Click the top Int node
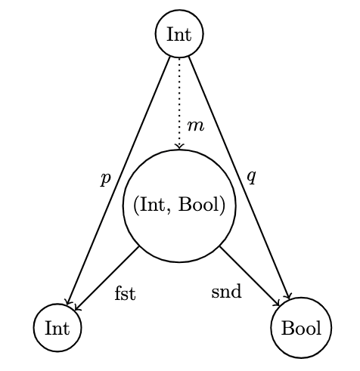[179, 34]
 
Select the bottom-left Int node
[57, 328]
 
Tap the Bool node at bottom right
[301, 328]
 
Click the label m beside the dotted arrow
[196, 126]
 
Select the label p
[105, 179]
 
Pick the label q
[252, 177]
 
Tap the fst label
[126, 293]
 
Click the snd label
[226, 292]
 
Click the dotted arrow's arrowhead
[179, 147]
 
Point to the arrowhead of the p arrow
[68, 301]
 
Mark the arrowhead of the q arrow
[288, 295]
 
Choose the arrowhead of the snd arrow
[278, 303]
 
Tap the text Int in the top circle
[179, 34]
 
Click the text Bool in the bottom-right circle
[301, 328]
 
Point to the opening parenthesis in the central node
[136, 206]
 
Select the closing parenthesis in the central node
[222, 206]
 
